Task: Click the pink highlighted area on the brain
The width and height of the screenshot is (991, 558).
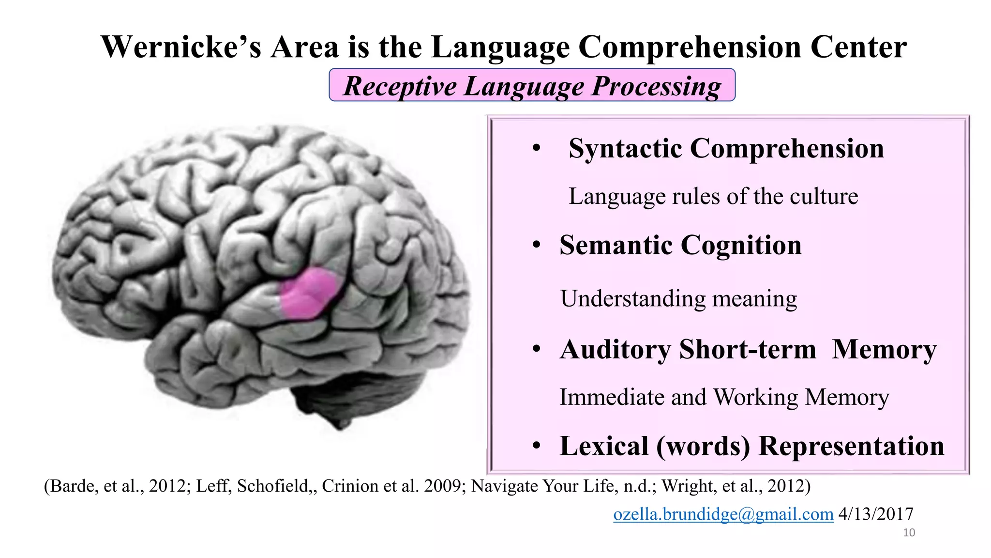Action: (x=308, y=293)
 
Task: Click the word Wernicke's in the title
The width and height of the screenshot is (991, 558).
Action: (x=180, y=47)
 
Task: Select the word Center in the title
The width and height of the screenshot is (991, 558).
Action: (x=858, y=47)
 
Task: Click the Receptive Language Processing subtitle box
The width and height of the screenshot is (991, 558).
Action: (x=532, y=86)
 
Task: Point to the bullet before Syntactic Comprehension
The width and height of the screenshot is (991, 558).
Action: (x=536, y=148)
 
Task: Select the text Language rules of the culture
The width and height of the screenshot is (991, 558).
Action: (x=713, y=197)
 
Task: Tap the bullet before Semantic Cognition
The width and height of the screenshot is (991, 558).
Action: (x=536, y=245)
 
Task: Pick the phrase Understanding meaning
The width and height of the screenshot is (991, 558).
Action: (x=678, y=298)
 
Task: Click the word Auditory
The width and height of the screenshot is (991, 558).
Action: (x=615, y=349)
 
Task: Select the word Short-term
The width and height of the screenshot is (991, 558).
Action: (x=747, y=349)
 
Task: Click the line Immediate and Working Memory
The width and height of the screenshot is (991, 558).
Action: (x=724, y=397)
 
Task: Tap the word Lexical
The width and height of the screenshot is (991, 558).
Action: (x=604, y=446)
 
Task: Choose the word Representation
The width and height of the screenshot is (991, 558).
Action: (x=851, y=446)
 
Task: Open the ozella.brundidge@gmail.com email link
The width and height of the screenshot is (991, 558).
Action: (x=723, y=514)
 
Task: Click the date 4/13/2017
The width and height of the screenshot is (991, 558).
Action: (x=876, y=514)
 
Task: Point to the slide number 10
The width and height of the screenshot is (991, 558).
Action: (x=909, y=533)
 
